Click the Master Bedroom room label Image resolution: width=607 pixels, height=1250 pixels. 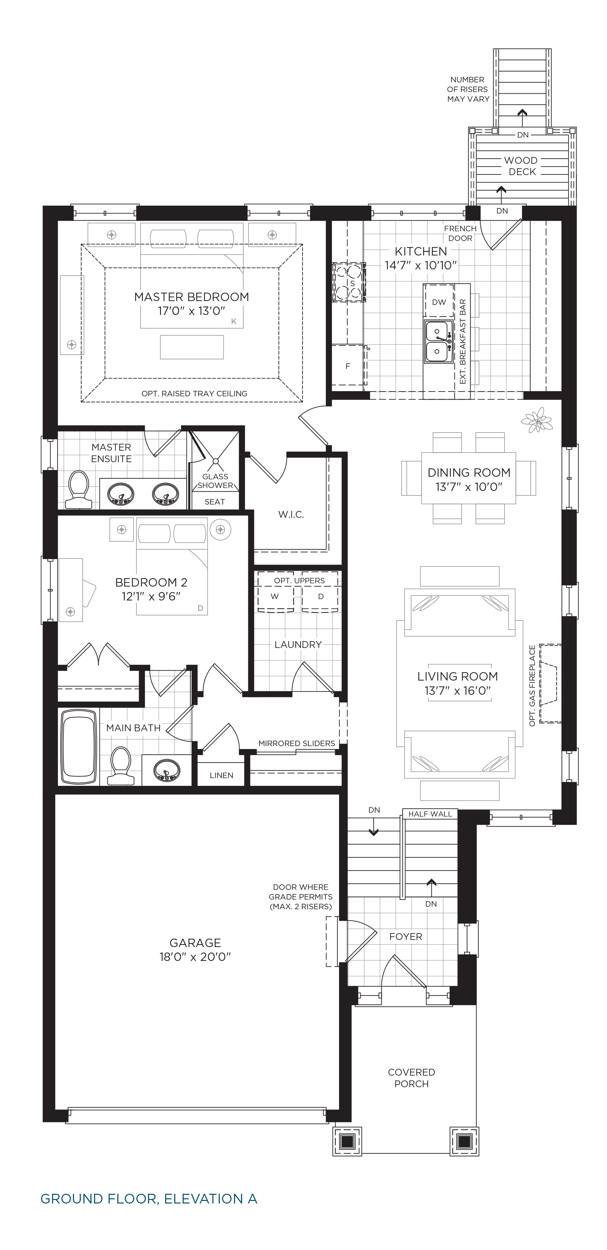coord(191,297)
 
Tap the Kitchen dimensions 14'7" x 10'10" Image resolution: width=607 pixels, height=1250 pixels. coord(421,266)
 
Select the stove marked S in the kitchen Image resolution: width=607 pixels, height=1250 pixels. coord(349,282)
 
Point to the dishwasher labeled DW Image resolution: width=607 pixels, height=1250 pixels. coord(439,302)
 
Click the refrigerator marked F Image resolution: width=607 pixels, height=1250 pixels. coord(348,365)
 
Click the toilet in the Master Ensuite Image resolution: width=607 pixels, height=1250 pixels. coord(79,489)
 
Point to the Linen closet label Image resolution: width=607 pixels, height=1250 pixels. coord(221,776)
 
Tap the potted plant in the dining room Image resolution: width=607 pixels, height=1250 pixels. coord(537,420)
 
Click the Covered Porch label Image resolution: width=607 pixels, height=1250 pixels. coord(411,1078)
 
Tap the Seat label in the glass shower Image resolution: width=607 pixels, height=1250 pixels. coord(215,502)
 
